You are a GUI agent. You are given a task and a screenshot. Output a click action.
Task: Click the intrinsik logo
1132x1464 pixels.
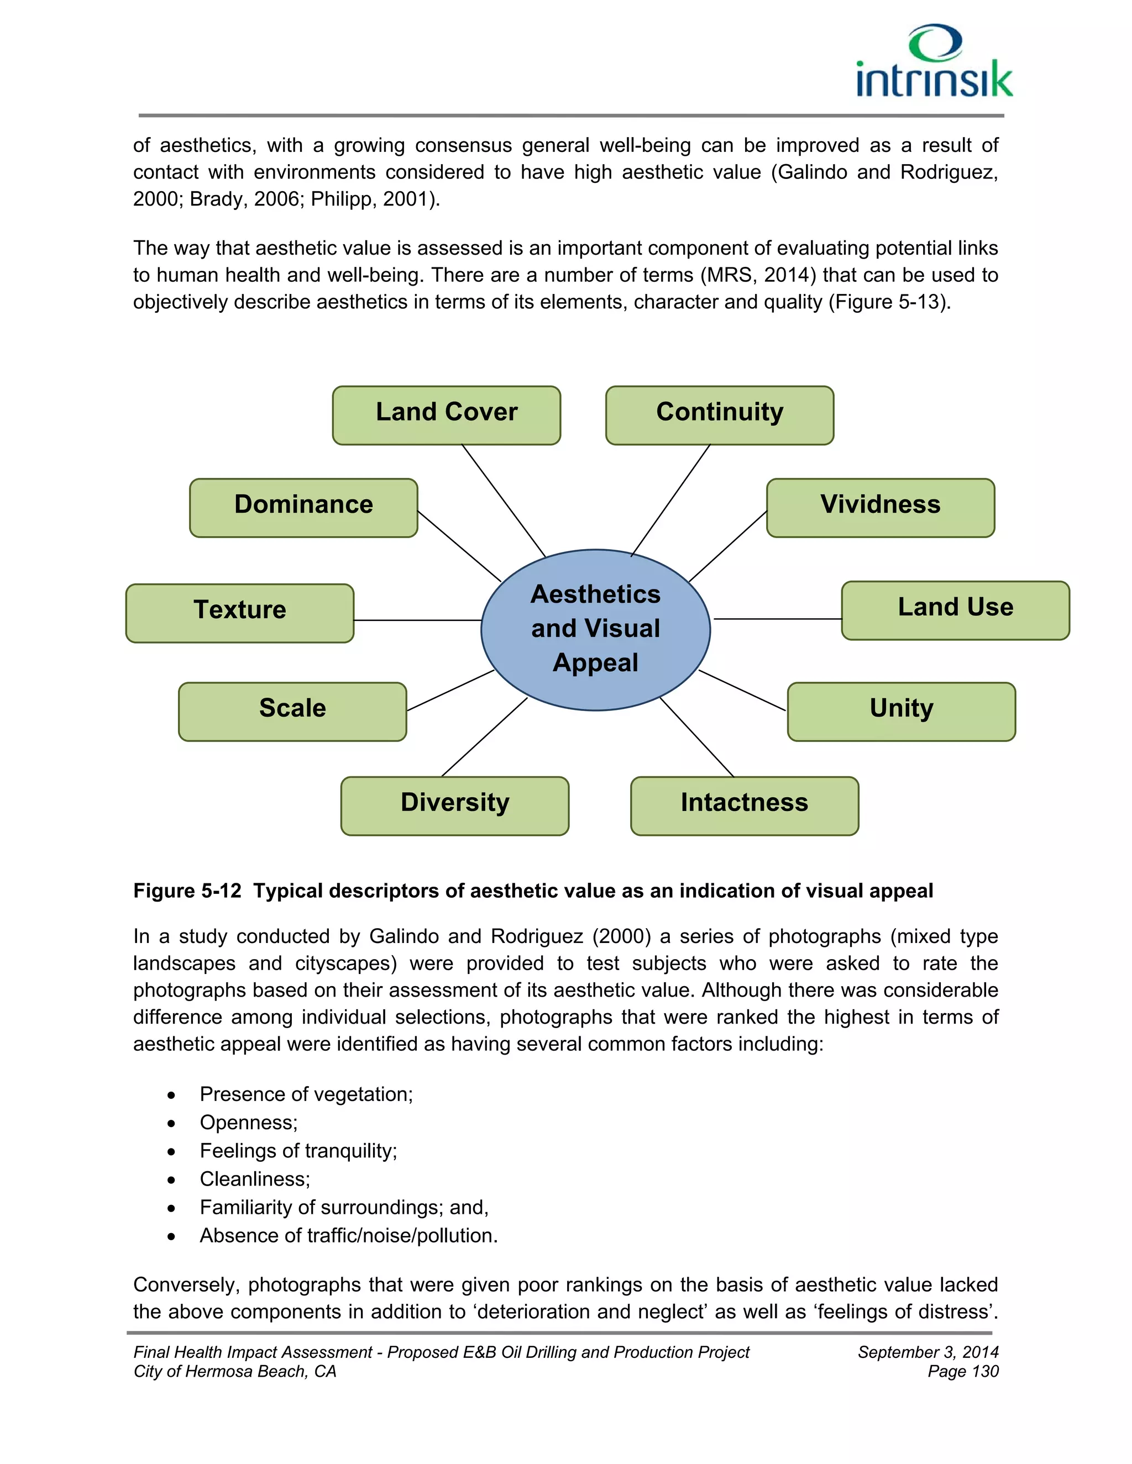pyautogui.click(x=934, y=62)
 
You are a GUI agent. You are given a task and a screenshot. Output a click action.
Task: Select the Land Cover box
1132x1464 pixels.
pyautogui.click(x=447, y=415)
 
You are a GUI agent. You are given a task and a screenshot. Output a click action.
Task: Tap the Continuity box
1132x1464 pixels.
pyautogui.click(x=720, y=415)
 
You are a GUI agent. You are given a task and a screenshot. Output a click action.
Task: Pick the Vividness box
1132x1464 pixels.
pyautogui.click(x=880, y=508)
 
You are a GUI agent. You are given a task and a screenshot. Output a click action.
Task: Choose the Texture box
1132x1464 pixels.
pyautogui.click(x=239, y=613)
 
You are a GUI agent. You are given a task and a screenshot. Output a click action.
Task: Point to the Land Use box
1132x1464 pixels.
pyautogui.click(x=955, y=610)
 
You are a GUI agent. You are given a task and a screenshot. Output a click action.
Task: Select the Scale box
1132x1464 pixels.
pyautogui.click(x=292, y=711)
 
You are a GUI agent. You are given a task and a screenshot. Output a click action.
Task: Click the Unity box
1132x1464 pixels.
pyautogui.click(x=902, y=711)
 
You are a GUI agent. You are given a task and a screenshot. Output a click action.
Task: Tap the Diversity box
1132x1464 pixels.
pyautogui.click(x=455, y=805)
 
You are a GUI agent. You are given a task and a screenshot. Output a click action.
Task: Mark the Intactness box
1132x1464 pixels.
pyautogui.click(x=745, y=805)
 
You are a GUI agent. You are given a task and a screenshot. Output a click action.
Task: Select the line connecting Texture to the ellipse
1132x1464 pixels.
pyautogui.click(x=417, y=621)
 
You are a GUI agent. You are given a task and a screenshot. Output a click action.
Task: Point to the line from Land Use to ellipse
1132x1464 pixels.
pyautogui.click(x=778, y=619)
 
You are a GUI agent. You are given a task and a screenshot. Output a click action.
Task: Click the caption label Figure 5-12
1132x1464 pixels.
pyautogui.click(x=187, y=891)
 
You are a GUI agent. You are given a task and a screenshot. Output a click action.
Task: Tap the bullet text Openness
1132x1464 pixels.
pyautogui.click(x=248, y=1122)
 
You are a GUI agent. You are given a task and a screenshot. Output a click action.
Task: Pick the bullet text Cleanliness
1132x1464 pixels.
pyautogui.click(x=255, y=1178)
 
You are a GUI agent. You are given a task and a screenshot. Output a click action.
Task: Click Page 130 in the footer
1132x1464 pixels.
pyautogui.click(x=963, y=1372)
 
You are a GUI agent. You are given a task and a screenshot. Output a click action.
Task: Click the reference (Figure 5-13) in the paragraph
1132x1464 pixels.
pyautogui.click(x=889, y=302)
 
